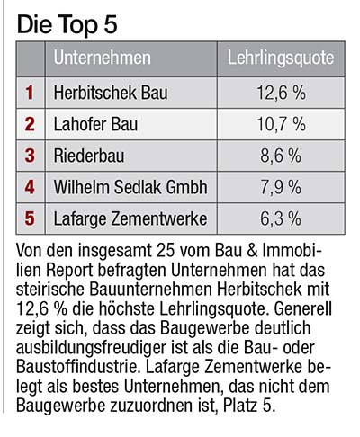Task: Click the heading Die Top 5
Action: point(67,25)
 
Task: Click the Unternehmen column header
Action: point(102,58)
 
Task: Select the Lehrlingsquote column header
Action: point(281,58)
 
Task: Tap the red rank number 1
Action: point(30,93)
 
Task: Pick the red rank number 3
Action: point(30,156)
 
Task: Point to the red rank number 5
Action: point(30,218)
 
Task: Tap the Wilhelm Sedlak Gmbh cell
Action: point(130,187)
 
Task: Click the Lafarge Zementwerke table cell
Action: point(130,218)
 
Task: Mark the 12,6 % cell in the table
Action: point(281,93)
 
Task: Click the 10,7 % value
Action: point(281,124)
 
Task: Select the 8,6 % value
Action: point(281,156)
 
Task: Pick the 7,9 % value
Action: point(281,187)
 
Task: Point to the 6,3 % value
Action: point(281,218)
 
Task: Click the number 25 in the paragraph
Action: point(166,251)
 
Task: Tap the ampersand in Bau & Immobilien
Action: point(252,251)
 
